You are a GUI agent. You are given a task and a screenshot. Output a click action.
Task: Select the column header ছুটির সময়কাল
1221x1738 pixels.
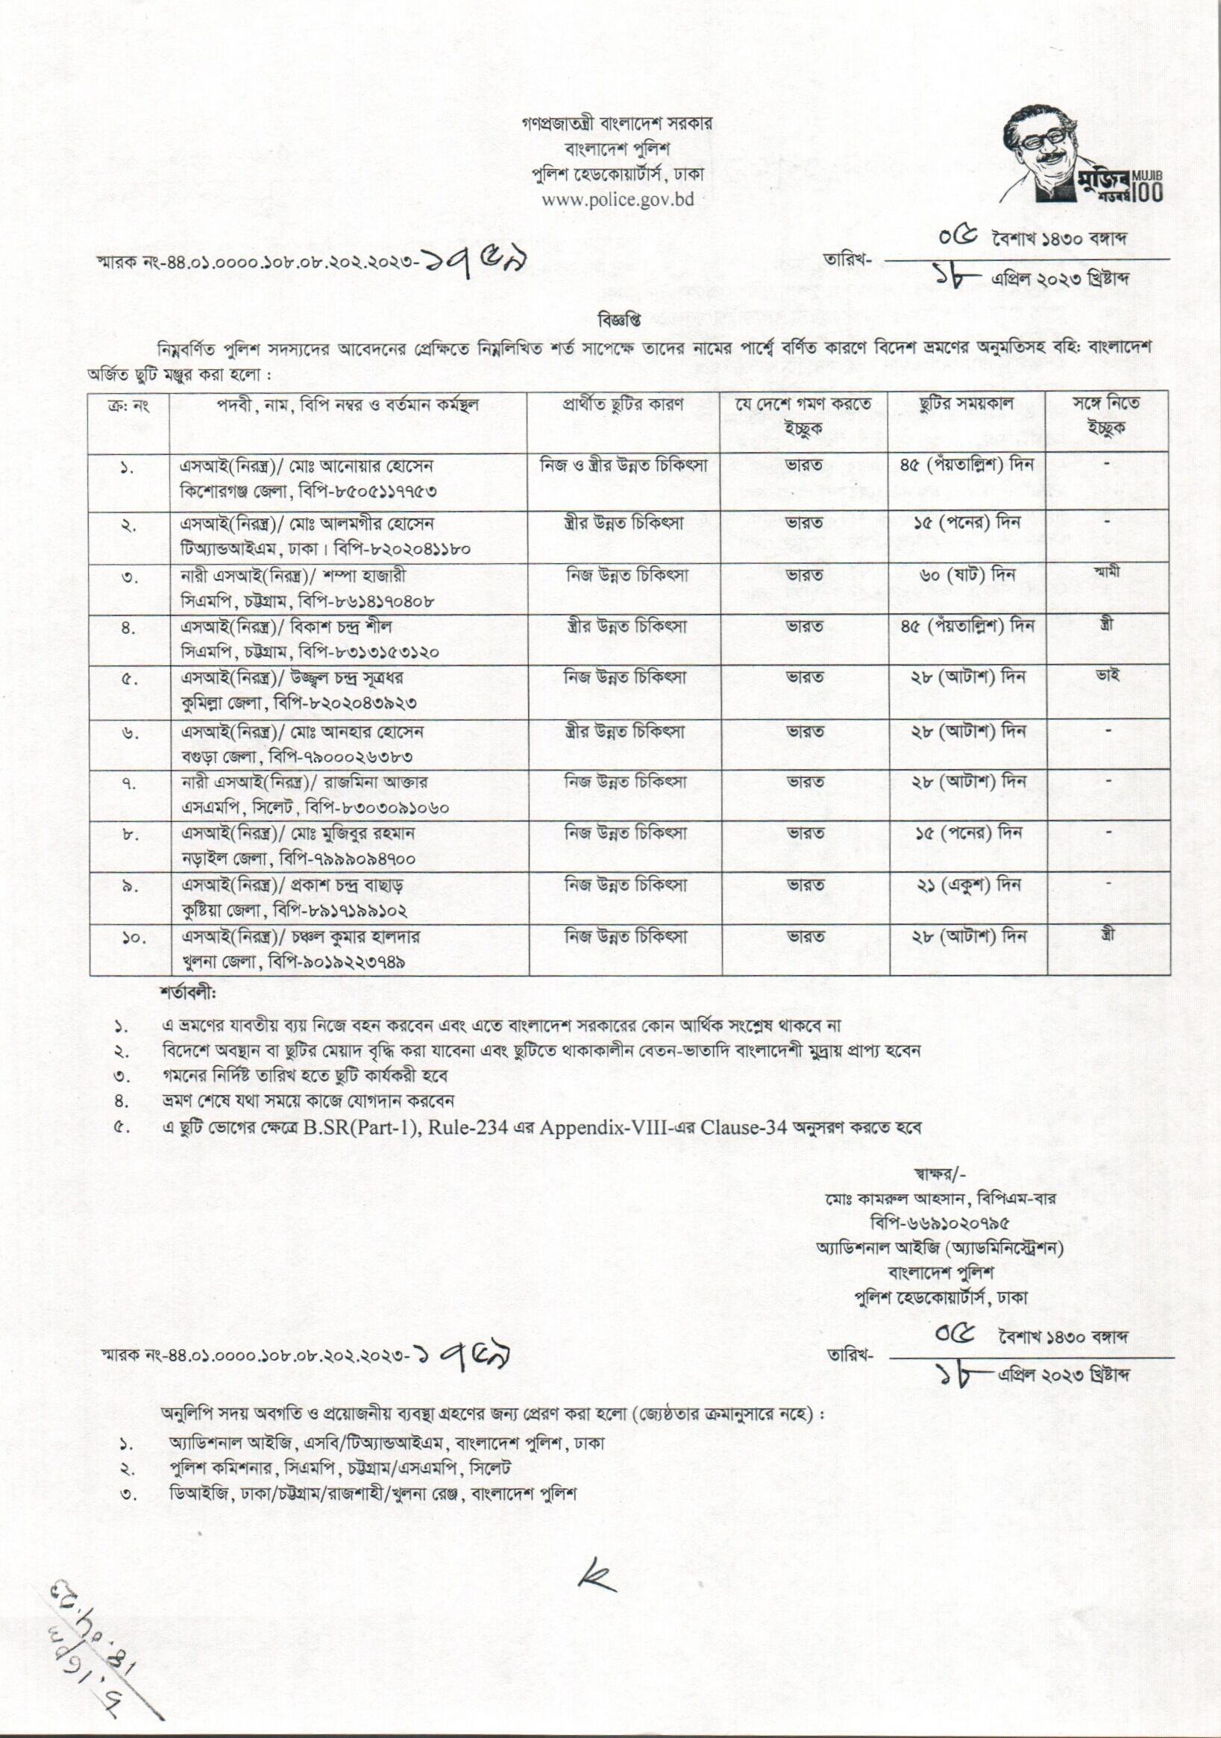pyautogui.click(x=968, y=404)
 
